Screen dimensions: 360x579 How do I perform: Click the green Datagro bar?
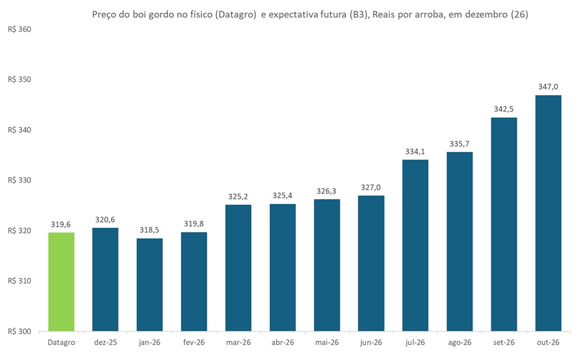[x=61, y=282]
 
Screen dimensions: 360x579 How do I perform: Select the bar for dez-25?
[x=105, y=279]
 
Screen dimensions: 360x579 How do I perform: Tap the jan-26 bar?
[x=149, y=284]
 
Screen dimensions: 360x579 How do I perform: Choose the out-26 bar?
[x=548, y=213]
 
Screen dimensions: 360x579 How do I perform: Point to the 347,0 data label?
[x=548, y=86]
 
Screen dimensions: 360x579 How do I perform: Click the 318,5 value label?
[x=149, y=230]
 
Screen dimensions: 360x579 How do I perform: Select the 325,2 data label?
[x=238, y=196]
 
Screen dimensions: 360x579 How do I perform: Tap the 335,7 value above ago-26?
[x=460, y=143]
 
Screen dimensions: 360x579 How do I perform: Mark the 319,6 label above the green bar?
[x=61, y=224]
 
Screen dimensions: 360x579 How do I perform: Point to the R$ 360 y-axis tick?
[x=19, y=29]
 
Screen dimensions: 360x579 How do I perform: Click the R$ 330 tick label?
[x=19, y=180]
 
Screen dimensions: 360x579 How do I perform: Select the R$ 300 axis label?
[x=19, y=331]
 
